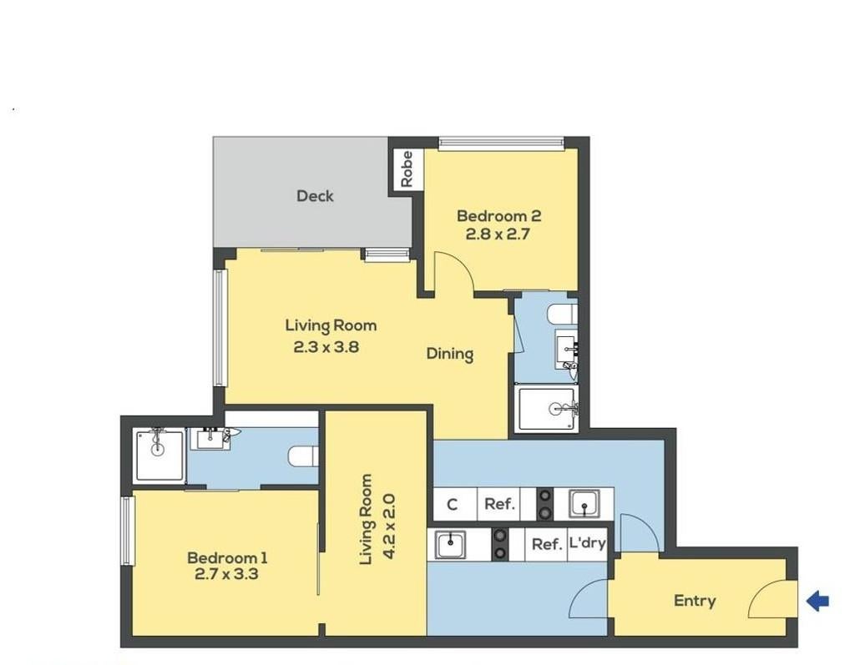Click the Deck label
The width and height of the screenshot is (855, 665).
click(x=315, y=196)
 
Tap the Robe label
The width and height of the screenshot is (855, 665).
click(x=407, y=169)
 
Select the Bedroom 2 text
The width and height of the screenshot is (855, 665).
click(x=499, y=216)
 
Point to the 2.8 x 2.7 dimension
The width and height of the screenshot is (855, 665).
click(x=498, y=234)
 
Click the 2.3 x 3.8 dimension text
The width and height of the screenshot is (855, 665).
click(x=326, y=346)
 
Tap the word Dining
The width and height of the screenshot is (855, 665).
click(x=450, y=355)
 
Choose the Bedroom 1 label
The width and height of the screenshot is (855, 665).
click(x=227, y=557)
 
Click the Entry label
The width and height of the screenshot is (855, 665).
click(x=695, y=601)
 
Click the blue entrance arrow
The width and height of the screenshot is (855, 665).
click(x=817, y=602)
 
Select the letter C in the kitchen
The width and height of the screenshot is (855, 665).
click(x=452, y=505)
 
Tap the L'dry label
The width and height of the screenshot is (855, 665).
click(x=587, y=543)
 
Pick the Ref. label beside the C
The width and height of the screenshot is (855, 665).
click(x=499, y=504)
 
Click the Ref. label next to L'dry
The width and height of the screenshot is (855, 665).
click(x=547, y=544)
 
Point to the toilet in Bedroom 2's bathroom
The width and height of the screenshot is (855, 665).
click(x=563, y=315)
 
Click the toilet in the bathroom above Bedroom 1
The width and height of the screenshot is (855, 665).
click(x=303, y=456)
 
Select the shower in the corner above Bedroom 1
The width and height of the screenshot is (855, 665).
click(x=159, y=456)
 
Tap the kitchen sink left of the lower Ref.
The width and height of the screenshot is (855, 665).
click(x=450, y=545)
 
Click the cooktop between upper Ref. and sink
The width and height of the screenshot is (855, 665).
click(x=544, y=504)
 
